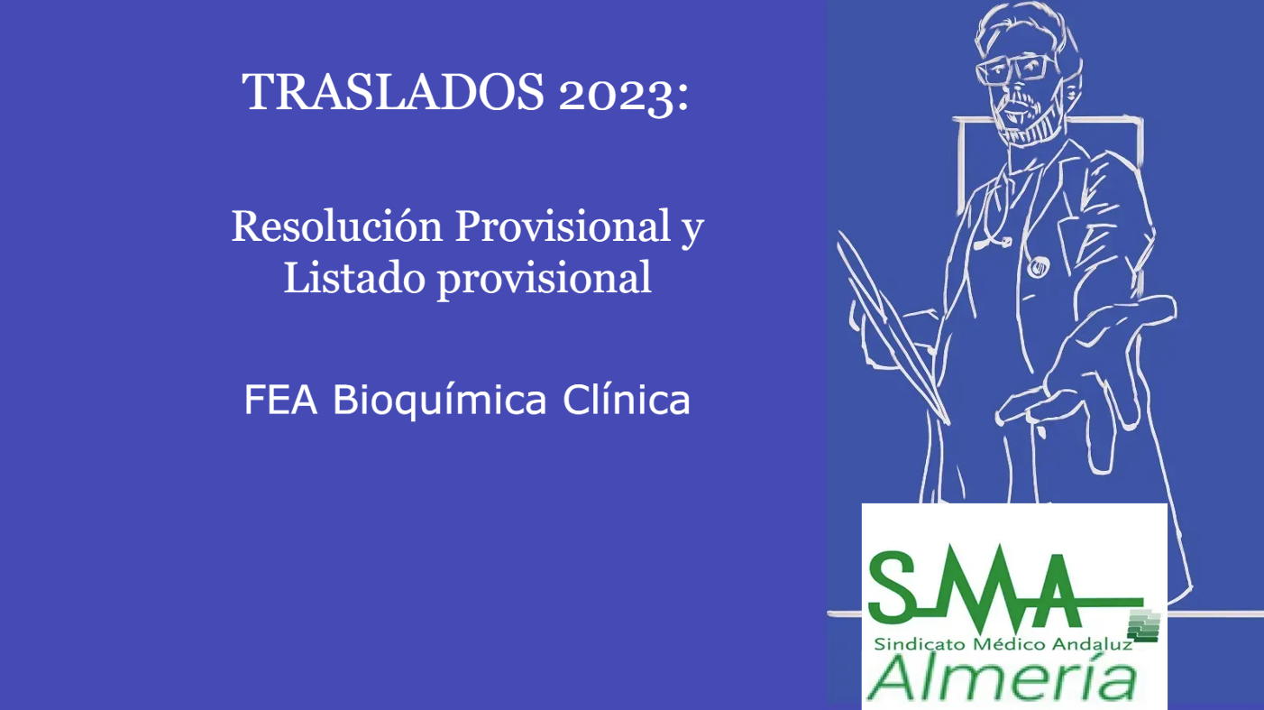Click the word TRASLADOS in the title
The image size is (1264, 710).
click(393, 91)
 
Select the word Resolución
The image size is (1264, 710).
click(337, 226)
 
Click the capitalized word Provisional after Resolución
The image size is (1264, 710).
click(563, 226)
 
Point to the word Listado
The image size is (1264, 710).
click(353, 277)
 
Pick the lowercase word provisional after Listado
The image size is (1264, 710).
click(545, 279)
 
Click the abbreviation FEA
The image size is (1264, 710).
click(280, 400)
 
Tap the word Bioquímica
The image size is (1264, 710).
click(440, 401)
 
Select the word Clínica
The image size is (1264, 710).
click(627, 400)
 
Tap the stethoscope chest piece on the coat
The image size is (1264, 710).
click(1038, 268)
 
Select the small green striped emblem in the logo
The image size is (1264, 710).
click(1143, 626)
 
